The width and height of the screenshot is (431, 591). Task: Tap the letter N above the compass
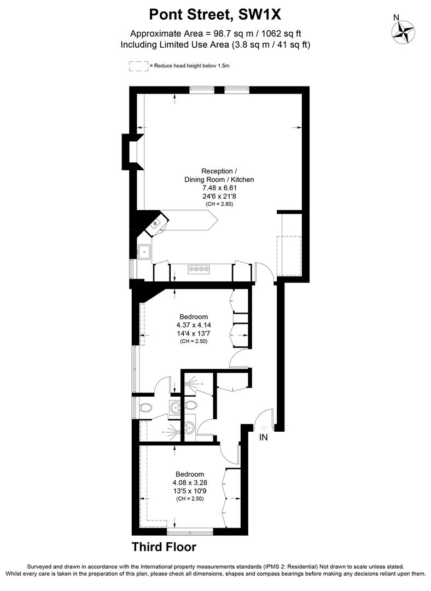point(396,18)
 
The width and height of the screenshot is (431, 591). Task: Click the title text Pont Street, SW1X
point(215,15)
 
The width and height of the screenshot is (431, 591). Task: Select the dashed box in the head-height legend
point(138,66)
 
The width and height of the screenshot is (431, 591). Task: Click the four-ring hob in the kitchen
point(199,269)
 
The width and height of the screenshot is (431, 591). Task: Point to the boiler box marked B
point(155,224)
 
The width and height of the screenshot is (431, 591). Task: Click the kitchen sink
point(144,252)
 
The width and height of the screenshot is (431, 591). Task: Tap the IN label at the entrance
point(263,437)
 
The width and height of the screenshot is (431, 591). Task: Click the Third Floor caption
point(164,547)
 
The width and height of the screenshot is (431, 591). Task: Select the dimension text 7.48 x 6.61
point(219,188)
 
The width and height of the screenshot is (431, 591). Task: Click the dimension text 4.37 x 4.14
point(194,325)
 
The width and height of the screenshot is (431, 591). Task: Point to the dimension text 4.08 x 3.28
point(190,483)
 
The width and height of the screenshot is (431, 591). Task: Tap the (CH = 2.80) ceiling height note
point(219,204)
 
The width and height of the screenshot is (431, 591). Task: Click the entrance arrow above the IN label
point(263,427)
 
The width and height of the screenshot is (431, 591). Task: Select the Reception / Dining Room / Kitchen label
point(219,175)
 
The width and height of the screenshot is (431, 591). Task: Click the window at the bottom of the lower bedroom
point(190,532)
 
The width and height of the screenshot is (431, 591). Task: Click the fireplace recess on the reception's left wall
point(133,152)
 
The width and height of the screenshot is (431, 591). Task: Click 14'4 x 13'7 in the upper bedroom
point(194,333)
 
